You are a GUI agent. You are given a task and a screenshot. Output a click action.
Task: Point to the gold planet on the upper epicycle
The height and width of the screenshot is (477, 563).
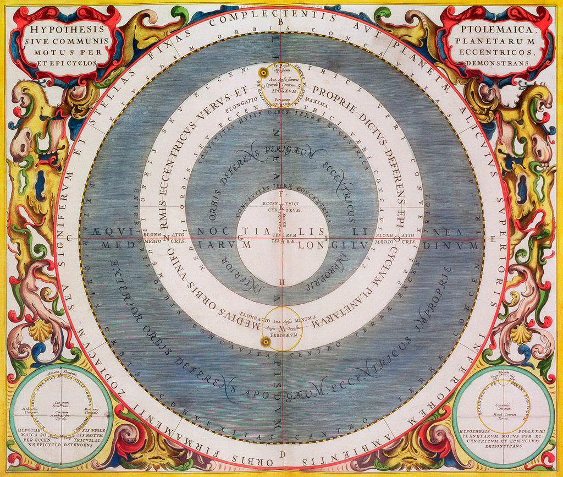coord(263,73)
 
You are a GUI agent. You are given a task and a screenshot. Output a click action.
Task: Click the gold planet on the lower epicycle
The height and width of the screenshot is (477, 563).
coord(266,342)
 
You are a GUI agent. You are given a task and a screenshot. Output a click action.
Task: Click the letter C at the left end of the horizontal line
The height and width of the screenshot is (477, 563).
coord(69,238)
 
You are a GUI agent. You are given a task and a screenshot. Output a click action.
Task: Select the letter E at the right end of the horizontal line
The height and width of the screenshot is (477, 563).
coord(493,239)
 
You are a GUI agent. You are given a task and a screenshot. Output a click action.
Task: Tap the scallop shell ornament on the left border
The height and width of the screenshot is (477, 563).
coord(40,332)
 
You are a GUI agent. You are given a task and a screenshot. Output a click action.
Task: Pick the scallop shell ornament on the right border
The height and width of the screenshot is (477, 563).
coord(521,334)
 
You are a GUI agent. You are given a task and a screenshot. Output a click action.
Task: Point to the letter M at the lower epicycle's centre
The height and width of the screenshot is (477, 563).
coord(281,328)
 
